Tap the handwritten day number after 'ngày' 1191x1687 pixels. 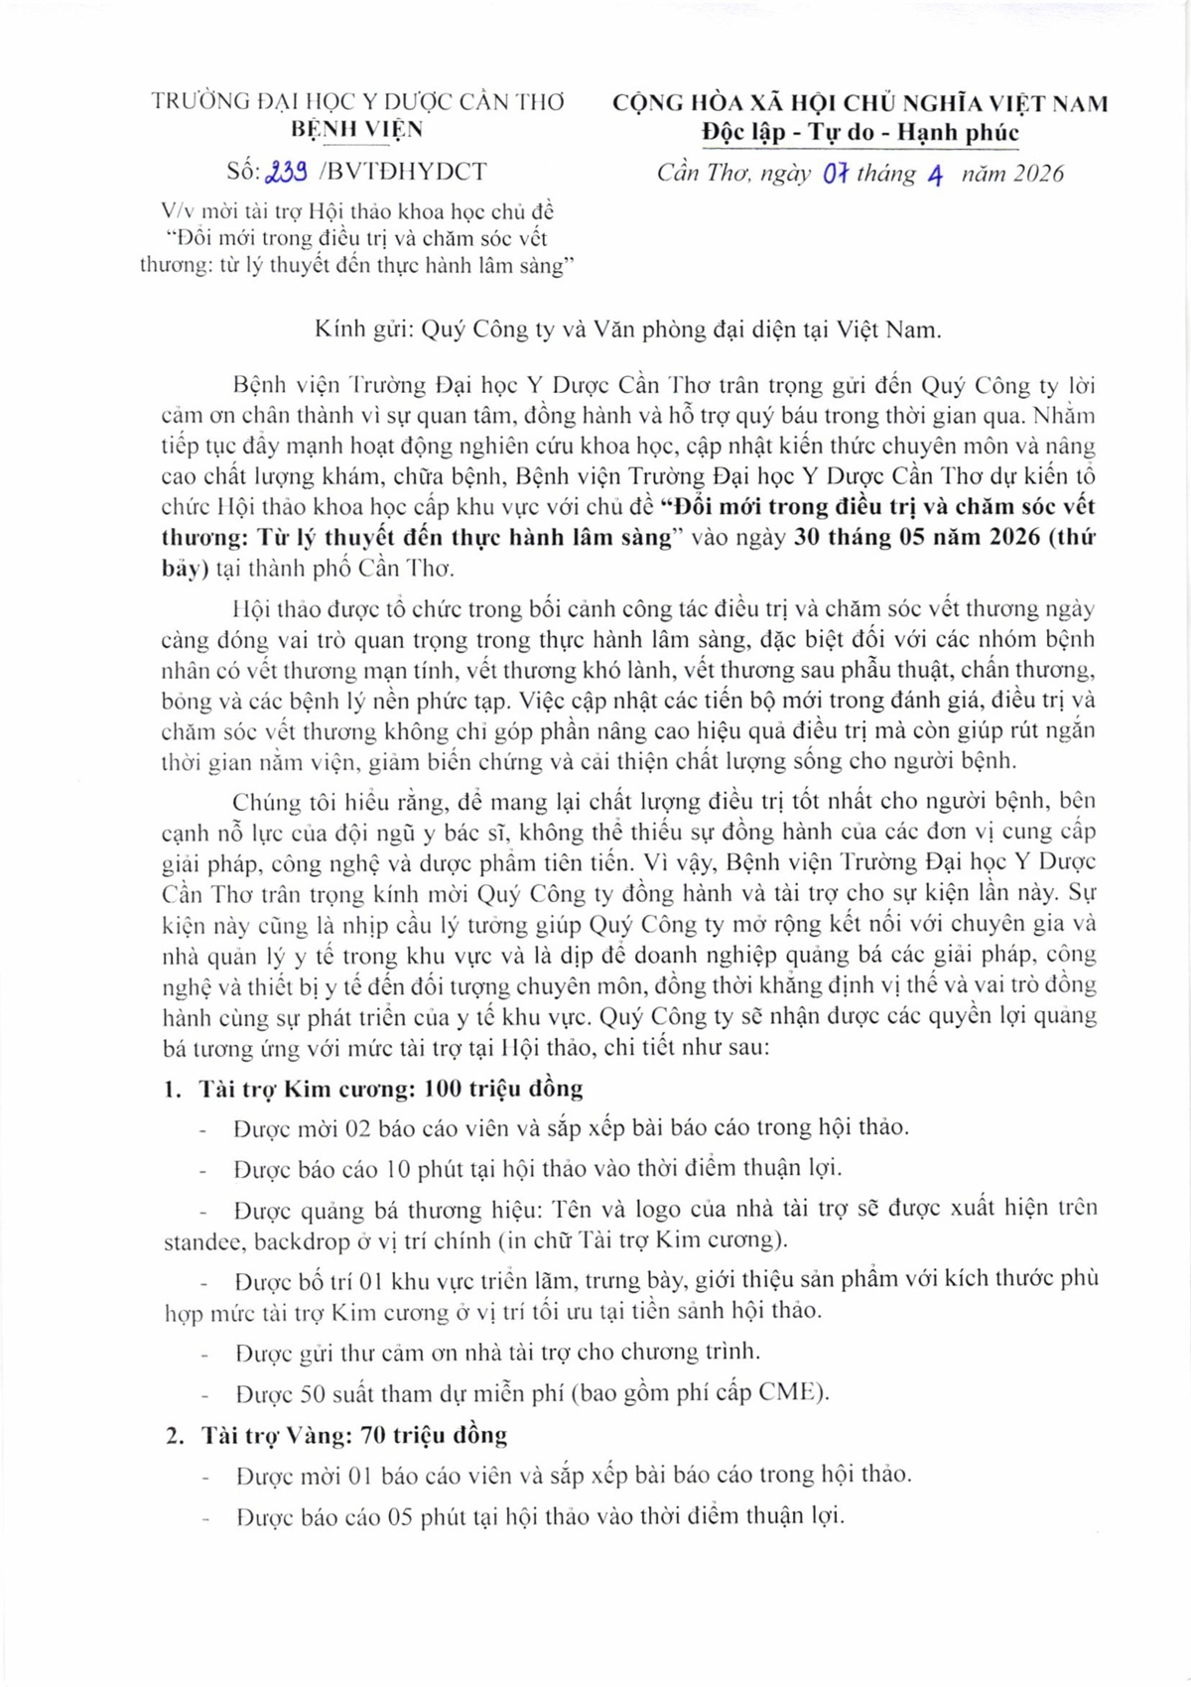[x=835, y=174]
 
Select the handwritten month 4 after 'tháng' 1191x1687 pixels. [x=934, y=175]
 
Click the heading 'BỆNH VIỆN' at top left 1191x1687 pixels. [x=357, y=129]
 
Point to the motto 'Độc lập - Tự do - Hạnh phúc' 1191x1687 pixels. [x=860, y=132]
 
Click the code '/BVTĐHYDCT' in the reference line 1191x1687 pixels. [x=402, y=172]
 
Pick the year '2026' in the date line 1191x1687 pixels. [x=1039, y=174]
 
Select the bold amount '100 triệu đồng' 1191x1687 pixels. [x=503, y=1089]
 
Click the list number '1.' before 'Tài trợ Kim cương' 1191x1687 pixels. [x=173, y=1090]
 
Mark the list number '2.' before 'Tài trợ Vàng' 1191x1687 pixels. [x=175, y=1436]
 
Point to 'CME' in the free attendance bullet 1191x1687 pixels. [x=790, y=1393]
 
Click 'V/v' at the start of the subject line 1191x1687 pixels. [x=180, y=211]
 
